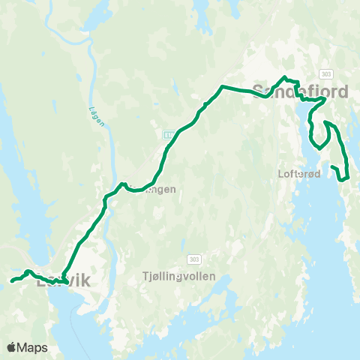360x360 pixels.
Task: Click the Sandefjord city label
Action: point(300,91)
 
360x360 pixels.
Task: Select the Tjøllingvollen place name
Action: point(178,276)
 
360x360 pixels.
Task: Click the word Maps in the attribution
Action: point(32,347)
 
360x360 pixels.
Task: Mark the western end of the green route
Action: point(10,281)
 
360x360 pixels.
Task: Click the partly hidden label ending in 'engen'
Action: point(157,190)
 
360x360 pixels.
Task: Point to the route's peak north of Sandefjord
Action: point(284,77)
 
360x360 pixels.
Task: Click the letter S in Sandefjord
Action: point(259,91)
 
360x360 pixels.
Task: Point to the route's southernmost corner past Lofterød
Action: point(342,180)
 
